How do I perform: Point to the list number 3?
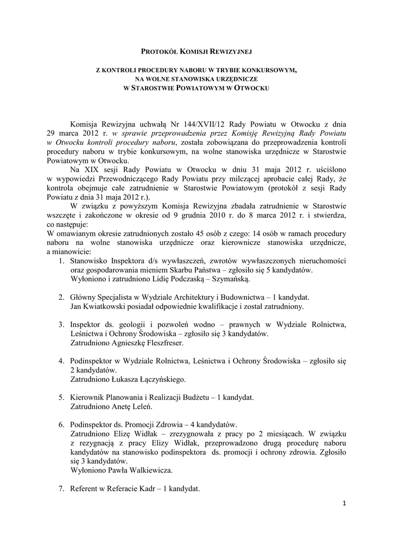click(x=61, y=324)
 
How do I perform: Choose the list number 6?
click(x=61, y=424)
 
